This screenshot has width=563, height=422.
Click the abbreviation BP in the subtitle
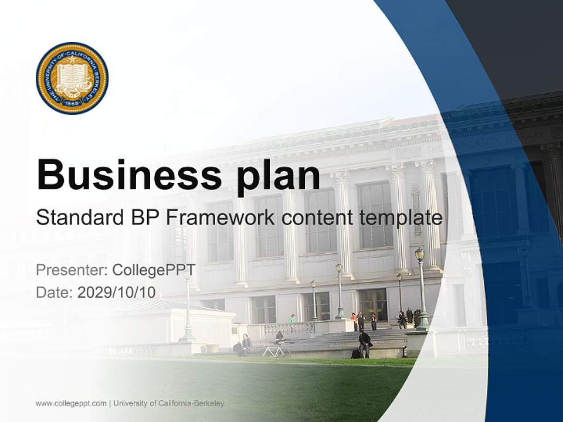pos(145,217)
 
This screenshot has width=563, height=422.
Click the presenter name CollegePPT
pos(154,270)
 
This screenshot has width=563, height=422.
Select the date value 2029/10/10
pos(117,292)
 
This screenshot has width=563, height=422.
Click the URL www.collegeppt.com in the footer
pos(71,403)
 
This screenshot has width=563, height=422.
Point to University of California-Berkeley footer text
pos(169,403)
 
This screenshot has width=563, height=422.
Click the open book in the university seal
pos(72,77)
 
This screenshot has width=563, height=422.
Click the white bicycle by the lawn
pos(276,350)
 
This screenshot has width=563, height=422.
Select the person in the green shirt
pos(293,319)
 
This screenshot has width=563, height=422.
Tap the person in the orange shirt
pos(354,321)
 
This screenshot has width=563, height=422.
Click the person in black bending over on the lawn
pos(365,342)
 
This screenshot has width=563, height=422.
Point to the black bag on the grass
pos(356,353)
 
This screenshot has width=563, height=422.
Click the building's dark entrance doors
pos(372,304)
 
